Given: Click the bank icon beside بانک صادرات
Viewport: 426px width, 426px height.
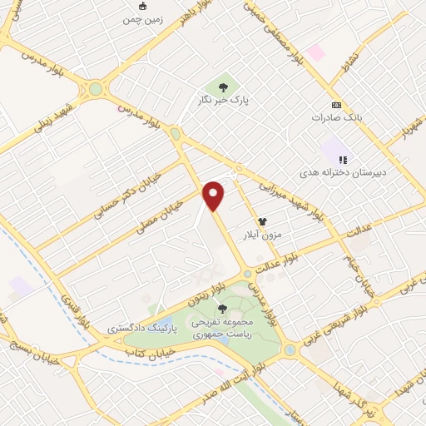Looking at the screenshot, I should click(x=336, y=105).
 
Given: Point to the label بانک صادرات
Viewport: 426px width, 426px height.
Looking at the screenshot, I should click(x=336, y=117).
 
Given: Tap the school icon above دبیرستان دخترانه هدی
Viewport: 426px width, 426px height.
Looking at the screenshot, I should click(x=341, y=159).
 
